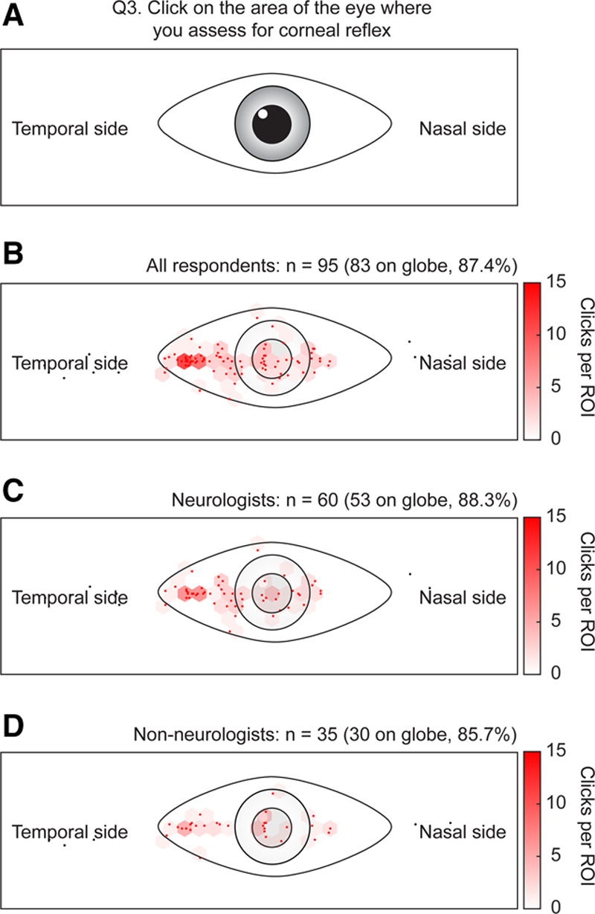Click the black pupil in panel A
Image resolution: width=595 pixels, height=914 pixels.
point(268,124)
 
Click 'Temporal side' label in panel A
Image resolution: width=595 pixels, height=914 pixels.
point(70,129)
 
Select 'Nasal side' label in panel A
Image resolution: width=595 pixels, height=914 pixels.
point(463,129)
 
